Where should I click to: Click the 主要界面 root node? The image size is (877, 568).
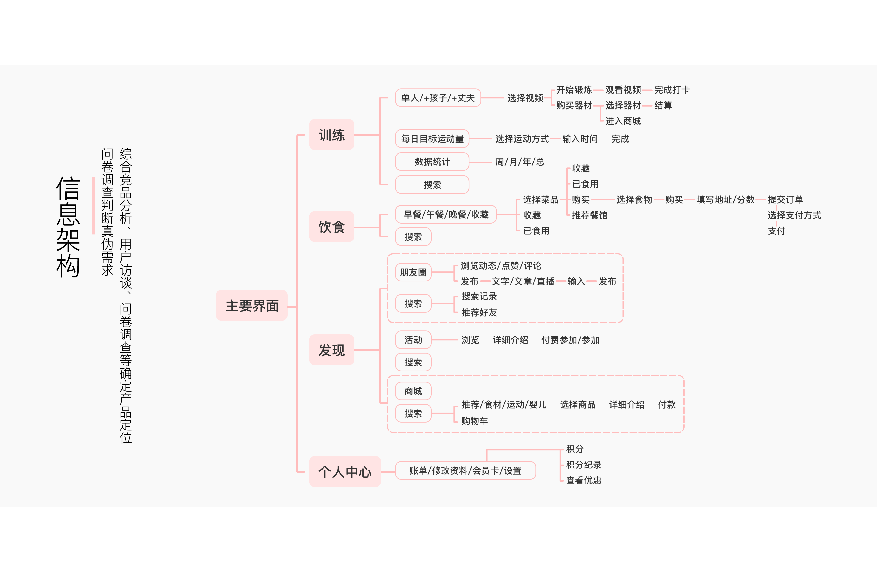point(252,305)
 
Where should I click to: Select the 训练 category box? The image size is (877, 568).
point(332,135)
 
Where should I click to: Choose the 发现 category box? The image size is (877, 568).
point(332,350)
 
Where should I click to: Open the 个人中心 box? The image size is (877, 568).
point(345,471)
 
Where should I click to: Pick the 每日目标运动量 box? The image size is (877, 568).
point(432,139)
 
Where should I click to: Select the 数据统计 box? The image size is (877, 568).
point(432,162)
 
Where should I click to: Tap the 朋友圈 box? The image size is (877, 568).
point(413,272)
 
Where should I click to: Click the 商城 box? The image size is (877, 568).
point(413,391)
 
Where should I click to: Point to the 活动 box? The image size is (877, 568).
point(413,340)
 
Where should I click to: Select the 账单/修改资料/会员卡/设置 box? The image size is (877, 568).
point(465,471)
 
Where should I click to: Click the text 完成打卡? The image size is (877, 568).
point(672,90)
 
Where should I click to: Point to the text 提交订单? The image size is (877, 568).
point(785,199)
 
